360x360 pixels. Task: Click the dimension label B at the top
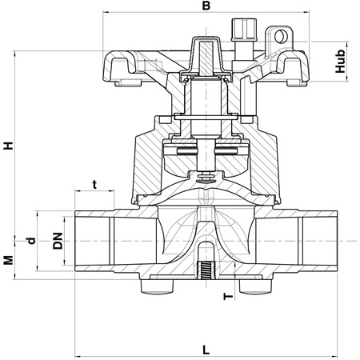pyautogui.click(x=206, y=6)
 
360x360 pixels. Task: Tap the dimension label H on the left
pyautogui.click(x=9, y=146)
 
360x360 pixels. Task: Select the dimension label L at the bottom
pyautogui.click(x=206, y=350)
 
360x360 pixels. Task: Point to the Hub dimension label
pyautogui.click(x=340, y=61)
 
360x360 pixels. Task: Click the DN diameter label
pyautogui.click(x=58, y=241)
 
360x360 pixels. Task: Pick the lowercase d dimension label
pyautogui.click(x=31, y=241)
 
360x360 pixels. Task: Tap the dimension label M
pyautogui.click(x=9, y=260)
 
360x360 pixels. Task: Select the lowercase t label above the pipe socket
pyautogui.click(x=94, y=184)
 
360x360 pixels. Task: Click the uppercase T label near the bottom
pyautogui.click(x=228, y=296)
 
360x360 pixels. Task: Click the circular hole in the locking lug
pyautogui.click(x=280, y=37)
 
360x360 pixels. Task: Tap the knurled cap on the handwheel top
pyautogui.click(x=244, y=30)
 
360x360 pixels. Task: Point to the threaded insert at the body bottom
pyautogui.click(x=205, y=271)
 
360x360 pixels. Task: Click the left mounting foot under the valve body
pyautogui.click(x=157, y=286)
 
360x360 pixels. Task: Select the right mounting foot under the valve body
pyautogui.click(x=255, y=286)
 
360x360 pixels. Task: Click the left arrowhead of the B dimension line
pyautogui.click(x=106, y=12)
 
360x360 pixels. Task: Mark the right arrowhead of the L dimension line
pyautogui.click(x=334, y=356)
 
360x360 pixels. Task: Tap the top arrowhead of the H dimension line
pyautogui.click(x=14, y=54)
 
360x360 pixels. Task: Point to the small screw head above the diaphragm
pyautogui.click(x=206, y=176)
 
